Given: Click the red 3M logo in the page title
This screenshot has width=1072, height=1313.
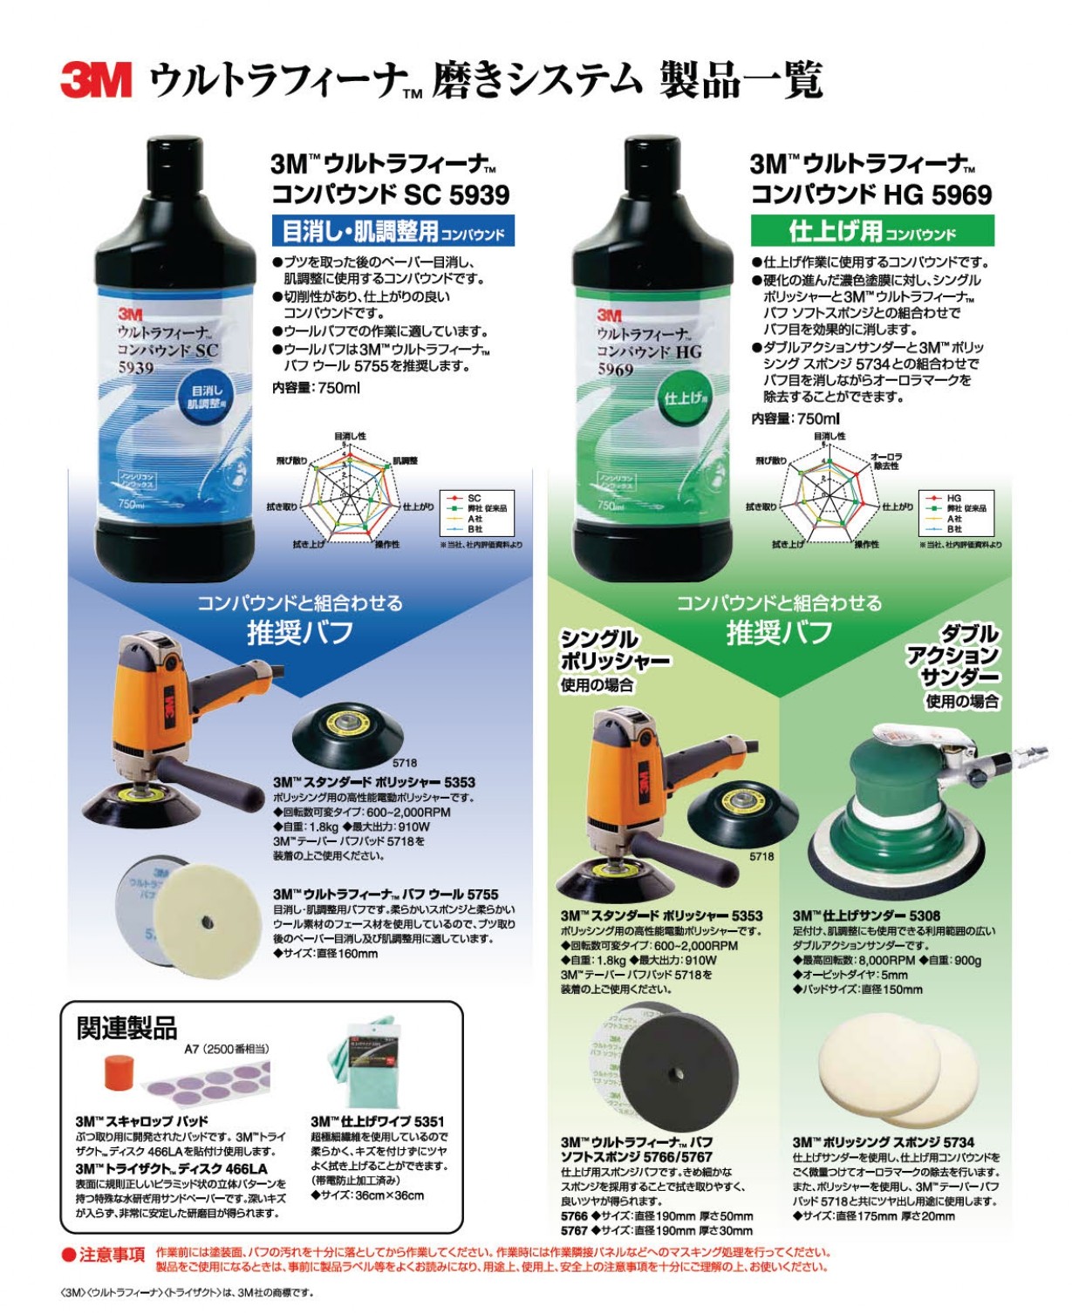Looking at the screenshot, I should (96, 79).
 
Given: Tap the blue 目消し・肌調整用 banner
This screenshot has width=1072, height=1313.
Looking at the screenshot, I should (393, 231).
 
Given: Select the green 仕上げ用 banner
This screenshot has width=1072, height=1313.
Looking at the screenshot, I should (871, 231).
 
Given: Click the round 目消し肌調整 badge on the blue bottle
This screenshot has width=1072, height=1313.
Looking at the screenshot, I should (207, 398).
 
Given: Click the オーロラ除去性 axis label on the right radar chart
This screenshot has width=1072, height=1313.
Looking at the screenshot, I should (887, 461).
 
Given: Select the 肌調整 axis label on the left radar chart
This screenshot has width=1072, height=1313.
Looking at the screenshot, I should (406, 460).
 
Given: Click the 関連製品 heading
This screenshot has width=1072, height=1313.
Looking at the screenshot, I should (126, 1029).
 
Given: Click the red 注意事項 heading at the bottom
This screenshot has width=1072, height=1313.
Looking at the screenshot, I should (104, 1255).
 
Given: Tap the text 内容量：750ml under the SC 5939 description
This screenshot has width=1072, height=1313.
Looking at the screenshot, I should (316, 388).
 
